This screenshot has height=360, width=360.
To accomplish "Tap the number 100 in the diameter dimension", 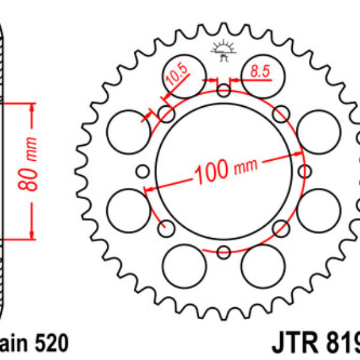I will coord(211,172).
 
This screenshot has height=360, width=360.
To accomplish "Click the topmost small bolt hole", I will coord(224,91).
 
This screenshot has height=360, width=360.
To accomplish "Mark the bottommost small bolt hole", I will coord(224,251).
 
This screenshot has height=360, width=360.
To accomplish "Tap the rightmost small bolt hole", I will coord(305,172).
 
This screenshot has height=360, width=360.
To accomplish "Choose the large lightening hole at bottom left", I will coord(181,264).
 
